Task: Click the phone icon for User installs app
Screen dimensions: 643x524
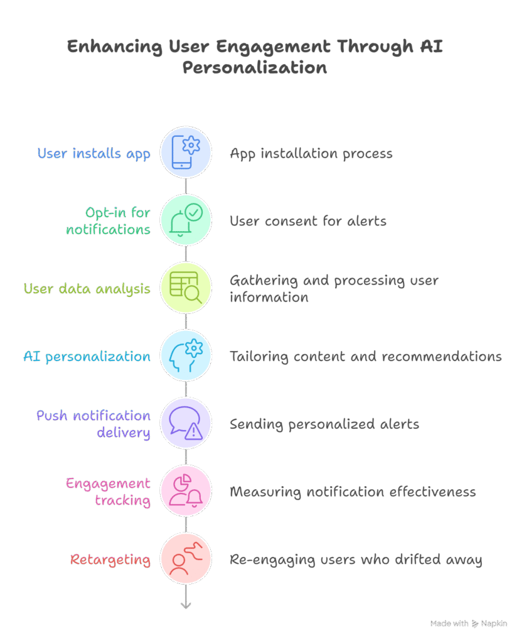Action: (x=186, y=153)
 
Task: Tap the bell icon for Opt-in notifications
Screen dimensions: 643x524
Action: (x=186, y=220)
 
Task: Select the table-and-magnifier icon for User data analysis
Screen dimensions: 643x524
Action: (x=186, y=288)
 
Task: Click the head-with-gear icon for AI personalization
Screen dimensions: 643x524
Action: (x=186, y=356)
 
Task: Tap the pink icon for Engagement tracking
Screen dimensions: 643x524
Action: (x=186, y=491)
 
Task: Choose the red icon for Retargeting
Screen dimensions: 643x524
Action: (x=186, y=559)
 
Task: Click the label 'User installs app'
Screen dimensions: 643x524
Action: (x=94, y=153)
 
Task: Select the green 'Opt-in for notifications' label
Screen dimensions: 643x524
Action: (x=109, y=221)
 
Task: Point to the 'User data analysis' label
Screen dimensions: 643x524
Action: (x=87, y=289)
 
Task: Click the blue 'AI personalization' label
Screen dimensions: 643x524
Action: (x=87, y=357)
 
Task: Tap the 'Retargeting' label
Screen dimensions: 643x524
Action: (x=110, y=559)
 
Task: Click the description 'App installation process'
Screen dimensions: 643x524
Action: (x=311, y=153)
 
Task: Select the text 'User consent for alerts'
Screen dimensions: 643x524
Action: (x=307, y=221)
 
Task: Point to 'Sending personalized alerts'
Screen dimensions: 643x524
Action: (x=324, y=424)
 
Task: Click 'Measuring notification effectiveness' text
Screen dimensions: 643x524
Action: (x=352, y=492)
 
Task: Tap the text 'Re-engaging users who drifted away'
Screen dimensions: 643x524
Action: (x=355, y=559)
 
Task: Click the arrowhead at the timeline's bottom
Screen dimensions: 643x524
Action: (x=186, y=605)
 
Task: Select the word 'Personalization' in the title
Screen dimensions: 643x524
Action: (x=255, y=67)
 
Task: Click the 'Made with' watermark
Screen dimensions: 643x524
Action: (x=468, y=624)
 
